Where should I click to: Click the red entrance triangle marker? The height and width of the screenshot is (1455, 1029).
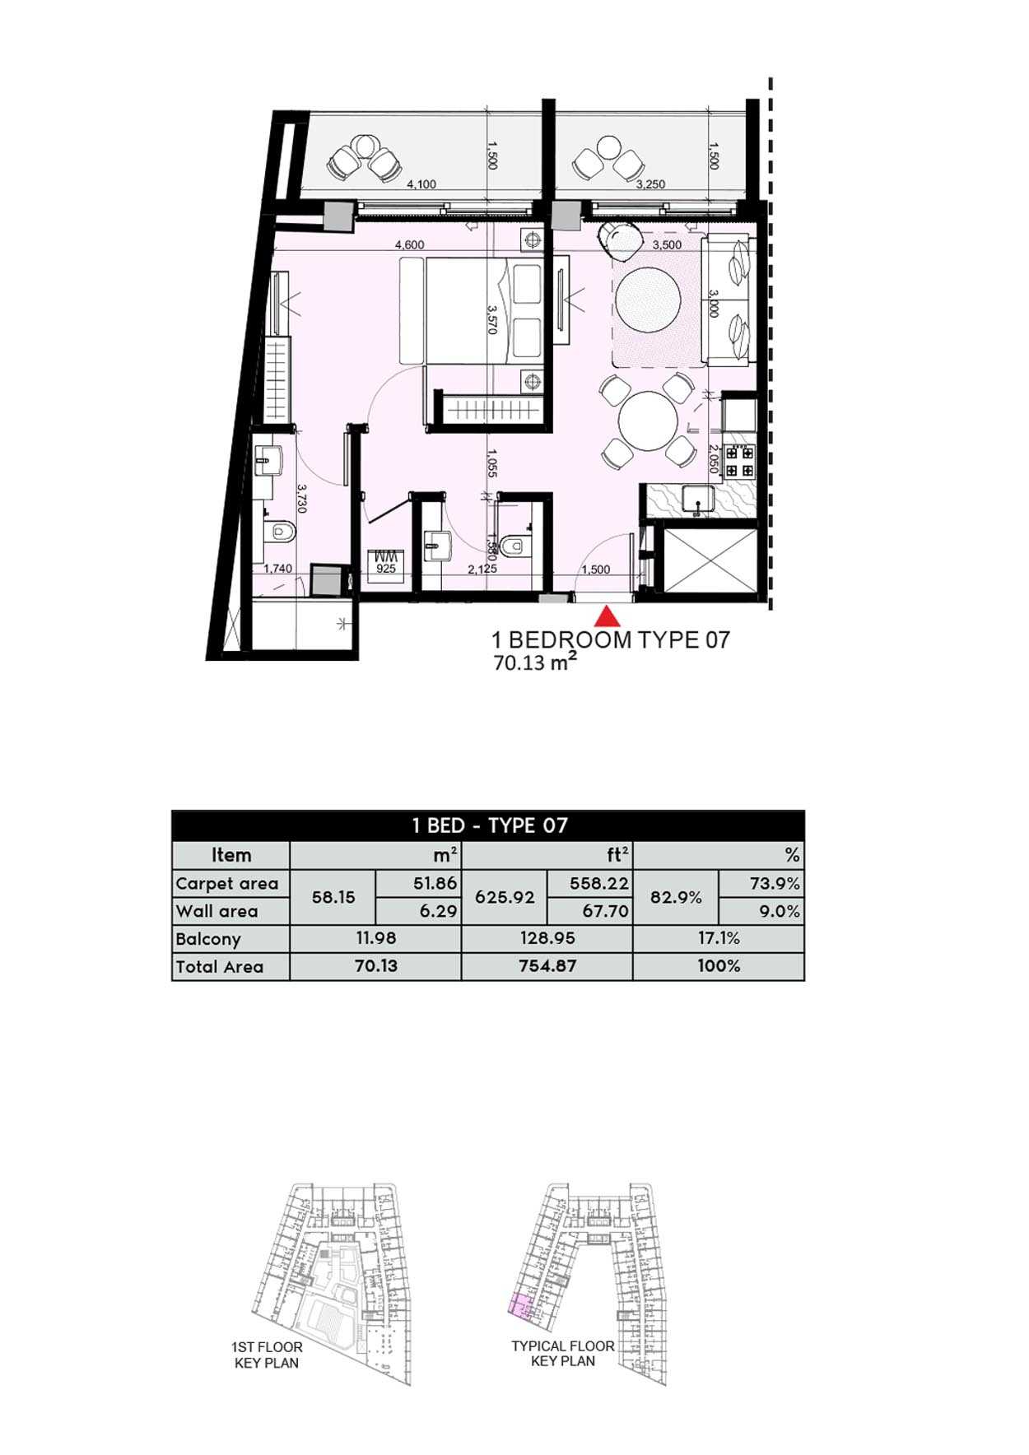[x=607, y=616]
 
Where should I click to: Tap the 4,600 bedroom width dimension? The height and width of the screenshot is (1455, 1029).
[x=409, y=244]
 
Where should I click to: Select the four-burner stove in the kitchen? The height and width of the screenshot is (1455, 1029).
[x=739, y=461]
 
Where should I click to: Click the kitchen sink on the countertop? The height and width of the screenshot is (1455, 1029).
[x=699, y=500]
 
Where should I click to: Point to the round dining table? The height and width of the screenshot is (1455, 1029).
[x=648, y=420]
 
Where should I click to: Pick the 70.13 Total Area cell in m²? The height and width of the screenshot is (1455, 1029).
[x=375, y=966]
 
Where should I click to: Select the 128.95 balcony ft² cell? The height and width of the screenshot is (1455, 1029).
[x=547, y=938]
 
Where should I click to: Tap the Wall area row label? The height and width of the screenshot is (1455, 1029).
[x=217, y=911]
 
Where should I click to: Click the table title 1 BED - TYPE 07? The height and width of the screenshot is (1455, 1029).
[x=490, y=825]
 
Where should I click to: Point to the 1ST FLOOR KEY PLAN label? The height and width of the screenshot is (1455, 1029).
[x=267, y=1355]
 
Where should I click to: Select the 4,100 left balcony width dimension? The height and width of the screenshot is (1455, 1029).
[x=421, y=184]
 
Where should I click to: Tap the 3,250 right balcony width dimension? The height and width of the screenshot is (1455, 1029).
[x=650, y=184]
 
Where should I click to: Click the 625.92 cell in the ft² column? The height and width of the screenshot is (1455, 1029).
[x=505, y=897]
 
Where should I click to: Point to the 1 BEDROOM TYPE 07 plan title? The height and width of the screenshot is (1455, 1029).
[x=611, y=639]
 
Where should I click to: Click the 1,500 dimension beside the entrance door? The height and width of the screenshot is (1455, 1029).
[x=596, y=569]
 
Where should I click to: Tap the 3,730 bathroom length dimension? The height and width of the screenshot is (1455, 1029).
[x=302, y=499]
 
